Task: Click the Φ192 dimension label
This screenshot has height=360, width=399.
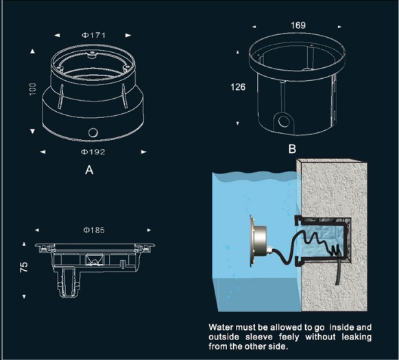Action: point(93,151)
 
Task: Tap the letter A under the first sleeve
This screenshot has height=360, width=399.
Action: point(89,171)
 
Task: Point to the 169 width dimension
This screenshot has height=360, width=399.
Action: point(298,25)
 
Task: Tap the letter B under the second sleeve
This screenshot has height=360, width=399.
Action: point(292,148)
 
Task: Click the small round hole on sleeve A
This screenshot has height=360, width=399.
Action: point(93,131)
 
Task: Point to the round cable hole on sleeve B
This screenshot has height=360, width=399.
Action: point(282,121)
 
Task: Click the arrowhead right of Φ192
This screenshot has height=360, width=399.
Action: point(144,151)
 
